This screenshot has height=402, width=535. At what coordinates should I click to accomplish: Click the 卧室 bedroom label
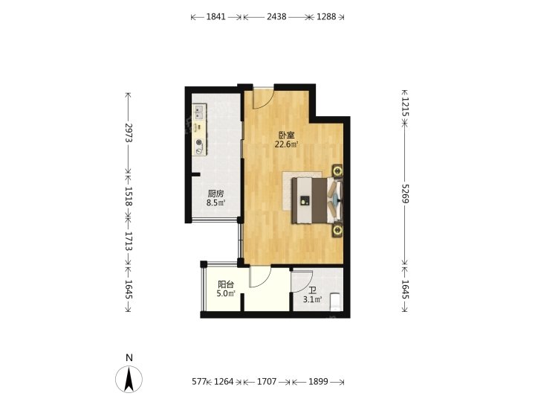click(287, 135)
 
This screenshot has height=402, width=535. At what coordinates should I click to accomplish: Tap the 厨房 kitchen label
click(215, 194)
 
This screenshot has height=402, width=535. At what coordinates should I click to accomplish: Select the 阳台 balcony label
click(226, 284)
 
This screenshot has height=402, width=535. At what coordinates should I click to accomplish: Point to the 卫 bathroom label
click(313, 291)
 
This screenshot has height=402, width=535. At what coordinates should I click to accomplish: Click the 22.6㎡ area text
click(287, 144)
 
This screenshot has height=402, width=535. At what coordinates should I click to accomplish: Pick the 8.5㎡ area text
click(215, 203)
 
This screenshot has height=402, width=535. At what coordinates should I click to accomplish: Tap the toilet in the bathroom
click(336, 301)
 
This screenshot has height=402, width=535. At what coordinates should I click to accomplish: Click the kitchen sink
click(199, 112)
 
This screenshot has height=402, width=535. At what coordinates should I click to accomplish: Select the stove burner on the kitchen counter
click(199, 143)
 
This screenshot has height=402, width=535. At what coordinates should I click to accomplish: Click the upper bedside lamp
click(338, 170)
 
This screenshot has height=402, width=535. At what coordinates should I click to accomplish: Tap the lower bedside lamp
click(338, 230)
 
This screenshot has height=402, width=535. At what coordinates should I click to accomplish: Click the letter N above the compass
click(129, 358)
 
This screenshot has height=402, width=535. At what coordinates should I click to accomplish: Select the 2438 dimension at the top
click(276, 16)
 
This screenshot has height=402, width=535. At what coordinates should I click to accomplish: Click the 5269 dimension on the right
click(405, 194)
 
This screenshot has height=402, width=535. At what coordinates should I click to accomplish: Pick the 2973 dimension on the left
click(129, 133)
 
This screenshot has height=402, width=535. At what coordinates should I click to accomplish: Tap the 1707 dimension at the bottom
click(267, 381)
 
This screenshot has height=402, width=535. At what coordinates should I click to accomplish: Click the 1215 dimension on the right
click(405, 106)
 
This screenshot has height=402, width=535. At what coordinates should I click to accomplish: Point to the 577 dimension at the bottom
click(199, 381)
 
